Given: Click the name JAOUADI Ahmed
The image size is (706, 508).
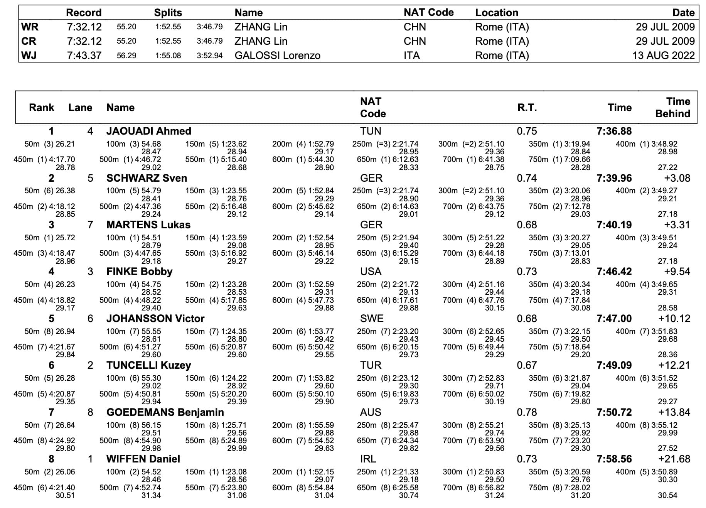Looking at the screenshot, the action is pos(149,131).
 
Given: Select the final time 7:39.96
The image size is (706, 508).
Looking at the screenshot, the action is pos(614,178).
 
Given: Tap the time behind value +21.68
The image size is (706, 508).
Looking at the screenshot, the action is pos(674,459).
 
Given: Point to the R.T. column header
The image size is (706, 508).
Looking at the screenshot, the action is pos(527,108).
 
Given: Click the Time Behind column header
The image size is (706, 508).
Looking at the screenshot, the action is pos(673,108).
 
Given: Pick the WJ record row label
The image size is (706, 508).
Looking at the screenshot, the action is pos(29,56).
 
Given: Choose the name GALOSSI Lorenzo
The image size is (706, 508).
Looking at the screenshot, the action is pos(278,56).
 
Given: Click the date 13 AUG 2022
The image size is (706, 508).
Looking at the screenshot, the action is pos(664,56).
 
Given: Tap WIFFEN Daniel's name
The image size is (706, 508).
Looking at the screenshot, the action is pos(143,459).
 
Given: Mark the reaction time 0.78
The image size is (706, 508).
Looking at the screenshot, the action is pos(527,412).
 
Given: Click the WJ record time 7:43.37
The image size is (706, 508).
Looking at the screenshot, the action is pos(84,56).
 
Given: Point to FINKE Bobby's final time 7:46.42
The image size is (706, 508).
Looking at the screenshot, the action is pos(614,272).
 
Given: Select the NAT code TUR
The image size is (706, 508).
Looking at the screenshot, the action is pos(371,365).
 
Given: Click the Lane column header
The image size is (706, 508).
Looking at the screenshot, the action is pos(80,108).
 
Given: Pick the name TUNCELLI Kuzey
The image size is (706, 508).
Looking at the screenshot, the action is pos(149,365).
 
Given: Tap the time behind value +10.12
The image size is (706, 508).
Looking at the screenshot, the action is pos(674,319).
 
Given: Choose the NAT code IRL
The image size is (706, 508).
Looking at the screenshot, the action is pos(369,459).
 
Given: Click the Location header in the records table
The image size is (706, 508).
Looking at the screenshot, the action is pos(497,13).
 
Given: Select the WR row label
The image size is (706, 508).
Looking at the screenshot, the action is pos(30,27).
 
